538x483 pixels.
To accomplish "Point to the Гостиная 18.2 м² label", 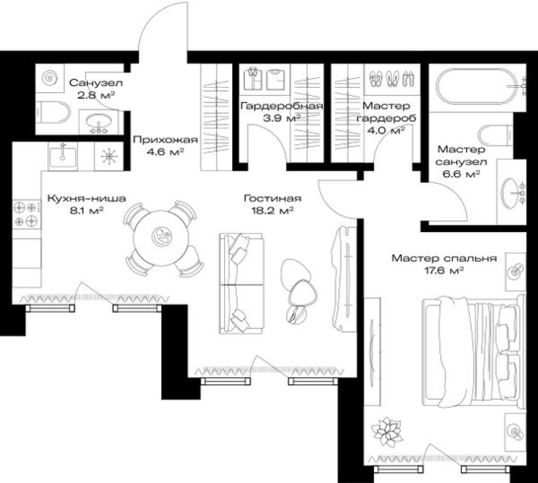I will click(x=272, y=204).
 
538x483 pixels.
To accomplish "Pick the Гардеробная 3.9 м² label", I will click(x=281, y=112).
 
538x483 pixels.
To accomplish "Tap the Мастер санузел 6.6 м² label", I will click(x=461, y=161).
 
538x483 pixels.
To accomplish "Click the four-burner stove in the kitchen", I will click(x=26, y=214).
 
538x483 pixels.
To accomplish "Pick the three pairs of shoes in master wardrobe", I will click(x=391, y=79).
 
